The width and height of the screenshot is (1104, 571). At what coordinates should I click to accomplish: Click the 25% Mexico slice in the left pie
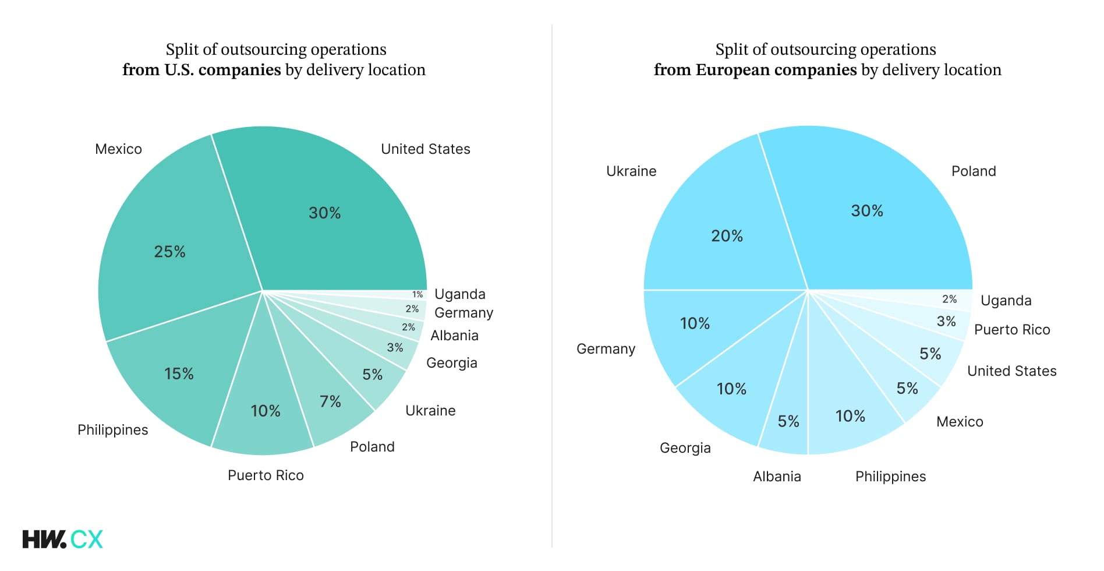tap(169, 252)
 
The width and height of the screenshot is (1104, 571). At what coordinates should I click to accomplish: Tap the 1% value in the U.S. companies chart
tap(417, 295)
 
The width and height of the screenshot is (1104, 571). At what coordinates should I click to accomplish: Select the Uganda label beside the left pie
tap(459, 294)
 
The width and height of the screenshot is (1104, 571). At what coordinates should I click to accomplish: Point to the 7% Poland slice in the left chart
tap(330, 401)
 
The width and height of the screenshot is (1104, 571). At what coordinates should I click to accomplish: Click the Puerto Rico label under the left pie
tap(266, 475)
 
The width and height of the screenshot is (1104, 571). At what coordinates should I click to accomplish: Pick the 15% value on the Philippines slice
tap(179, 373)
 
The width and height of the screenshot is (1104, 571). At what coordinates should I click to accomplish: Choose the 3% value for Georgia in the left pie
tap(395, 348)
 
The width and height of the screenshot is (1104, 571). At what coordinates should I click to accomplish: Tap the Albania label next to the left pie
tap(454, 336)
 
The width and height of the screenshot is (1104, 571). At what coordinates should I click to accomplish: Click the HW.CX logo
tap(62, 539)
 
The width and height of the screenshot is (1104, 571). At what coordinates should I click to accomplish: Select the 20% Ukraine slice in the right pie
tap(727, 236)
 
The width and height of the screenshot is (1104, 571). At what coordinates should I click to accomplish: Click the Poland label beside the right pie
tap(974, 171)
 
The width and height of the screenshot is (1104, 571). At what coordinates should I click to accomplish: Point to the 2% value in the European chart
tap(949, 299)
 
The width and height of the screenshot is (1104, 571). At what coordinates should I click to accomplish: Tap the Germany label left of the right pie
tap(606, 349)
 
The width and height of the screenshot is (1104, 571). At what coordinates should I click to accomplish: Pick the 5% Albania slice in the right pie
tap(788, 421)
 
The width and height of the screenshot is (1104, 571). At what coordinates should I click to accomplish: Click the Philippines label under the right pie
tap(890, 477)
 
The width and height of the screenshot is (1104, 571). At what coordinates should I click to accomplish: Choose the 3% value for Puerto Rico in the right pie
tap(946, 322)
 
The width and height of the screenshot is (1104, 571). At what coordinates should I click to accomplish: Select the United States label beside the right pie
tap(1011, 371)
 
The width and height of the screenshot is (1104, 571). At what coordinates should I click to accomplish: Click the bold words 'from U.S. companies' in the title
tap(201, 70)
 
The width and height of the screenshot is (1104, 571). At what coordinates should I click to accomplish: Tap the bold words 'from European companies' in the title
tap(755, 70)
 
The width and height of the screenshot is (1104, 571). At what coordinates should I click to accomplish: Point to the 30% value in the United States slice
tap(324, 213)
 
